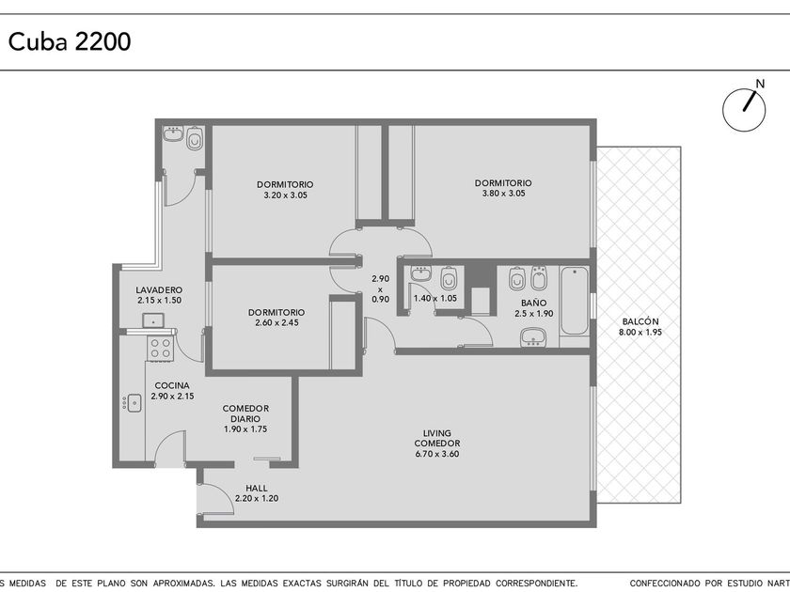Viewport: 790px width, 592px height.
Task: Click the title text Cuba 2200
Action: pos(70,41)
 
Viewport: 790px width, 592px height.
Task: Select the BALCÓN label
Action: pos(640,321)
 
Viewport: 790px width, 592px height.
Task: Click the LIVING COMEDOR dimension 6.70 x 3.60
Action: pos(436,454)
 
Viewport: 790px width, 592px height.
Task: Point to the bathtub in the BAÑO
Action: pos(575,301)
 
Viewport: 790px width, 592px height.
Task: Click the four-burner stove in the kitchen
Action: pos(160,348)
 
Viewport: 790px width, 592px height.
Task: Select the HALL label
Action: pos(257,489)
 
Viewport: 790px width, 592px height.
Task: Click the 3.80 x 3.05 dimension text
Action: pos(503,194)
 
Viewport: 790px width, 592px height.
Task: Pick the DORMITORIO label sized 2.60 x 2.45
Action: pos(276,313)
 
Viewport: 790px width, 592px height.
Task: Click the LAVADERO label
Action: pos(159,290)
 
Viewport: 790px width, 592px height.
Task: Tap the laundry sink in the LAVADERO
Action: pos(152,320)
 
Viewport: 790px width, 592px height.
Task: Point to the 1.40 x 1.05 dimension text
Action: pos(435,299)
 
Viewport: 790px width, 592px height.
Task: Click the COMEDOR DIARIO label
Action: pos(245,413)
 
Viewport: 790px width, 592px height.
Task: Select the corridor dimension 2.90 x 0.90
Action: pos(380,289)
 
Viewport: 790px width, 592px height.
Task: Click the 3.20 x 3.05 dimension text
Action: pos(285,195)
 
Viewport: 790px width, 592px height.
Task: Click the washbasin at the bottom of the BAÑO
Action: pos(533,336)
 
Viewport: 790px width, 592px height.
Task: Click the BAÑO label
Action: pos(534,303)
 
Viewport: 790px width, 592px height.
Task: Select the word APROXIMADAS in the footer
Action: pos(182,583)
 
